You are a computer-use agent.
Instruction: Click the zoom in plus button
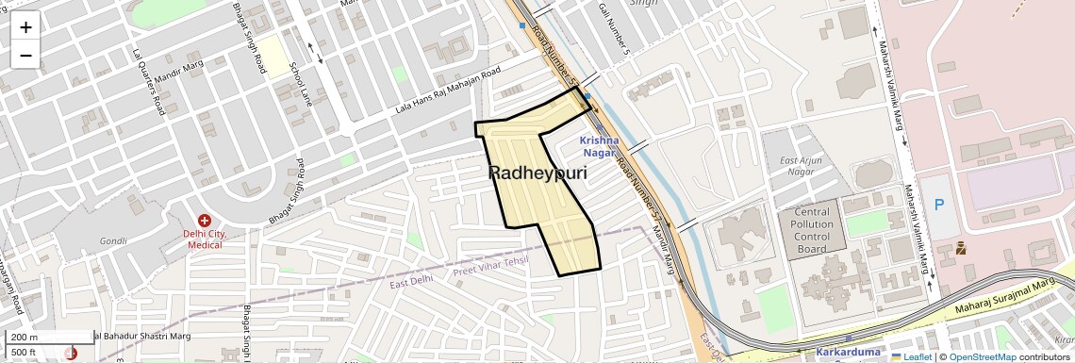tap(25, 27)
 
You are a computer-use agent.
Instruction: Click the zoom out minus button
tap(25, 56)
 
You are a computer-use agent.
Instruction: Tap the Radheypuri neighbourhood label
tap(537, 173)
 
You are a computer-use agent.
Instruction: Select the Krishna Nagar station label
tap(599, 146)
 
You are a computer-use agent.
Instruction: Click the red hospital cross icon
tap(205, 221)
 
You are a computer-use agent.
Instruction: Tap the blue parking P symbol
tap(938, 205)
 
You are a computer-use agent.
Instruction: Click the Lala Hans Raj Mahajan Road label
tap(447, 93)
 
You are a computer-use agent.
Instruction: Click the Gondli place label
tap(113, 241)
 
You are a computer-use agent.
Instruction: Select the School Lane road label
tap(299, 84)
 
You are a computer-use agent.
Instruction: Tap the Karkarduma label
tap(848, 353)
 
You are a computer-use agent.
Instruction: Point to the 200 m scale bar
tap(47, 338)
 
